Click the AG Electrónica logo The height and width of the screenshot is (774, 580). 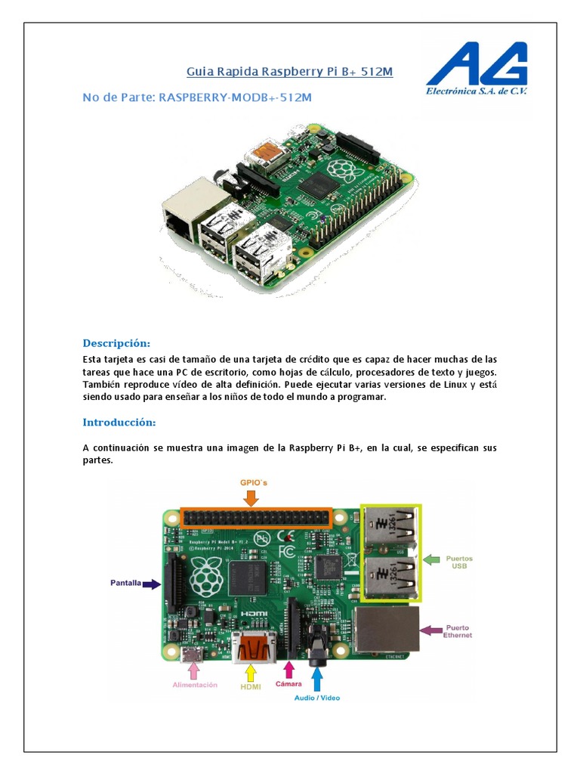(x=477, y=69)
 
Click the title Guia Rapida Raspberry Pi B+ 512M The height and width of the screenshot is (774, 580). (x=290, y=72)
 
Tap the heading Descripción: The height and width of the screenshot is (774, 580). (x=116, y=342)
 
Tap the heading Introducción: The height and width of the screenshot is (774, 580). (x=119, y=422)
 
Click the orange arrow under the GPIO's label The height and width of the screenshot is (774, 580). (x=251, y=497)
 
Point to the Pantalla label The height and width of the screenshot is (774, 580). (x=126, y=584)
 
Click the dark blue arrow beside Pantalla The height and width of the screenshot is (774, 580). (x=152, y=584)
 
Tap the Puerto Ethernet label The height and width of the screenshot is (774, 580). (x=458, y=631)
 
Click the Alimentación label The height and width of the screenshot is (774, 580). (x=195, y=685)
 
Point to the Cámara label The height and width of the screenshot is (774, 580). (x=288, y=685)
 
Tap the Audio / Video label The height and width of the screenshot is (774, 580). (x=317, y=698)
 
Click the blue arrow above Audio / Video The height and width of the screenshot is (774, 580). (x=317, y=676)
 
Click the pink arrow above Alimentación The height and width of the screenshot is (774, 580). (x=195, y=669)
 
